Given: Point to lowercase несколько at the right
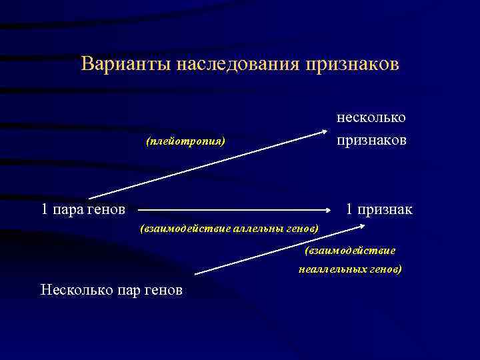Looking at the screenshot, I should tap(371, 117).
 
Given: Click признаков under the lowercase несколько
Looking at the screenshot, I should tap(371, 140).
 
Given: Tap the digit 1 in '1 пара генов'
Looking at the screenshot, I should tap(45, 210).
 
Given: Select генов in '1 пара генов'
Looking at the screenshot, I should tap(106, 210).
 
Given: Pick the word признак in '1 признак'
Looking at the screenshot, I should tap(385, 210).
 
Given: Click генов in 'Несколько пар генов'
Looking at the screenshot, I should tap(163, 290).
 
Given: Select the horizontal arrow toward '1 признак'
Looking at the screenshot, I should tap(233, 209).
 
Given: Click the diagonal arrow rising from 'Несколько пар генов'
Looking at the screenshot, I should tap(280, 250).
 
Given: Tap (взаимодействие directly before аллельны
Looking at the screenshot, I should tap(183, 229).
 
